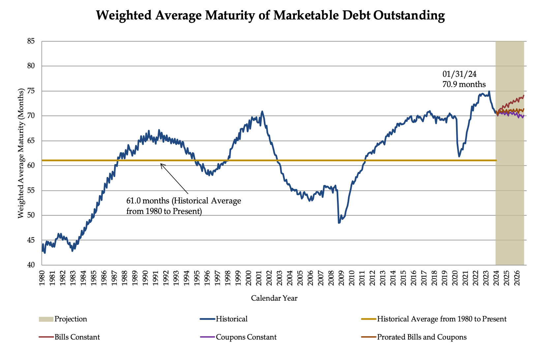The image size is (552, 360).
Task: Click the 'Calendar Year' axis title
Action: point(274,298)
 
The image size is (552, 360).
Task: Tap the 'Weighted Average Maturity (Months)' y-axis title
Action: point(21,153)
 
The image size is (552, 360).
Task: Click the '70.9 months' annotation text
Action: point(464,84)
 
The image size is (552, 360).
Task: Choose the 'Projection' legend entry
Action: point(71,319)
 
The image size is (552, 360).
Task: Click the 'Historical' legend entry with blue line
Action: point(231,319)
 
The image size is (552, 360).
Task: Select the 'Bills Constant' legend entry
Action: point(77,337)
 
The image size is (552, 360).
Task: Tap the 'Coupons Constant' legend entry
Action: point(246,337)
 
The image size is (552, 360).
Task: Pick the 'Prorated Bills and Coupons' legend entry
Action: point(422,337)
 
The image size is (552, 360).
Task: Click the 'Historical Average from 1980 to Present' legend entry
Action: point(442,319)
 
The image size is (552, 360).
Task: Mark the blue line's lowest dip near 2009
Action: point(339,223)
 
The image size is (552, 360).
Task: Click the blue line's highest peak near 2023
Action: point(489,91)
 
